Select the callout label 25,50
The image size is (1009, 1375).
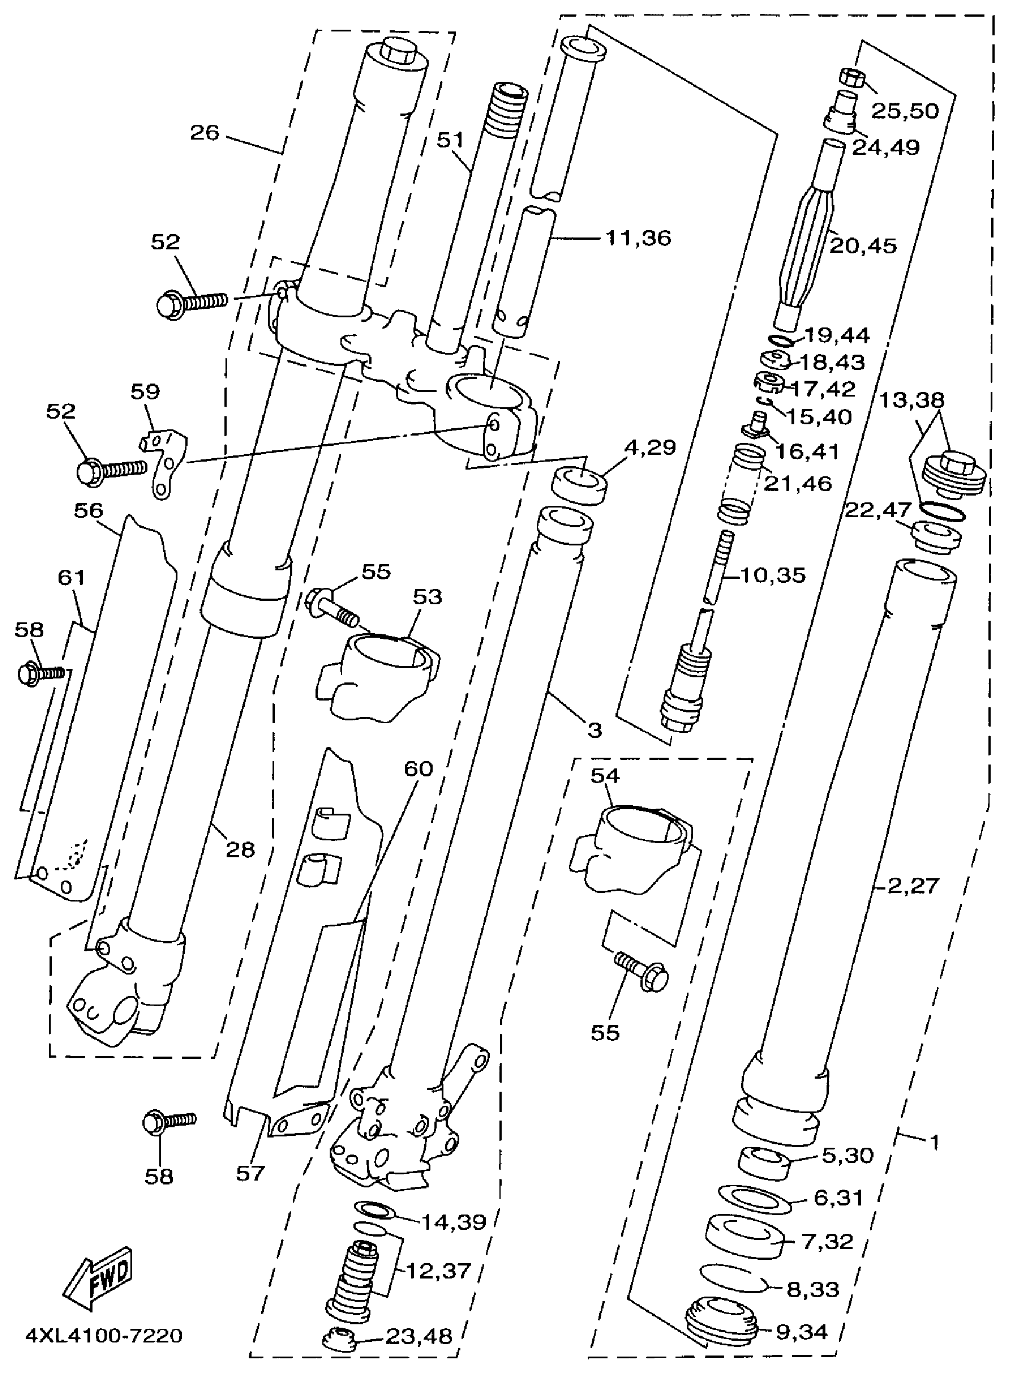click(904, 110)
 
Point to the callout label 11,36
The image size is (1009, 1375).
click(638, 237)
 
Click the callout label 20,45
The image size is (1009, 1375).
click(863, 246)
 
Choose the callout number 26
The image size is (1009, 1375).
click(204, 132)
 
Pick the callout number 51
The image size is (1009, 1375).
click(450, 141)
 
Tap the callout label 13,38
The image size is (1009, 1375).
click(911, 401)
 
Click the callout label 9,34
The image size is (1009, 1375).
click(801, 1332)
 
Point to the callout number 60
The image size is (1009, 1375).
click(418, 769)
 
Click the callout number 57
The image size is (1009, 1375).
click(250, 1173)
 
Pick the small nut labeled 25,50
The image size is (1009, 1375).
click(850, 79)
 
